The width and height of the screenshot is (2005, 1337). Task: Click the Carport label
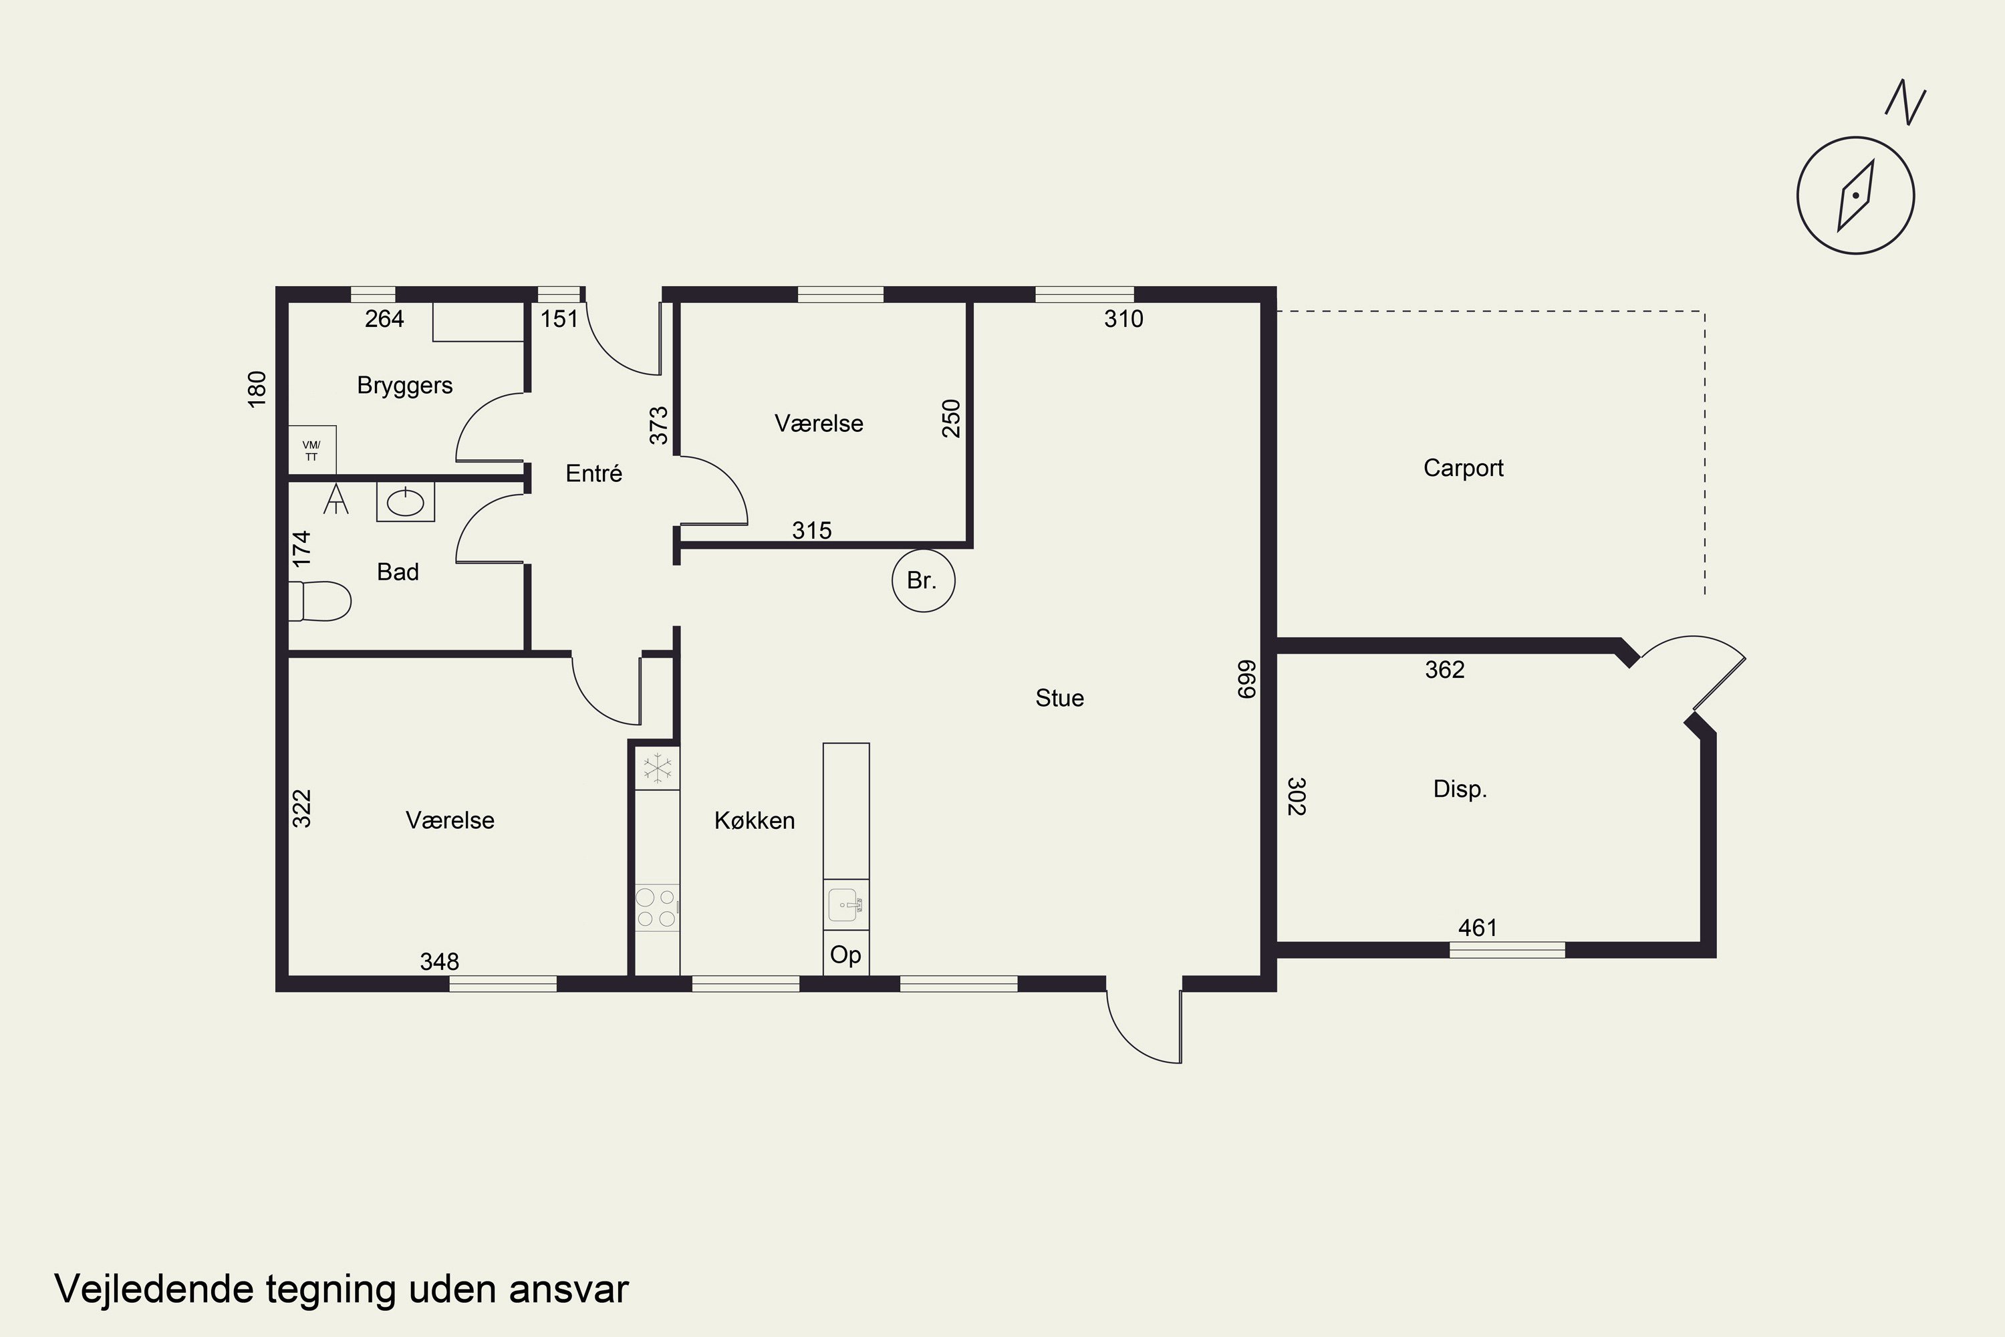coord(1463,468)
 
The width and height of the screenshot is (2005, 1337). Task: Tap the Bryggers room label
coord(405,386)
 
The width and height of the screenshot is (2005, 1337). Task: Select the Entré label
coord(594,473)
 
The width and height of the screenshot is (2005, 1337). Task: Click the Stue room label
coord(1059,699)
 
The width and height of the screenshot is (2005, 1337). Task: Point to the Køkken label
coord(755,820)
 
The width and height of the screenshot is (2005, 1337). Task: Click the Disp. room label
coord(1460,789)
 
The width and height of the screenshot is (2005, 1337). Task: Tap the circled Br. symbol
coord(923,581)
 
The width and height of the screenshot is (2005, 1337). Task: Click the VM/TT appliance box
coord(312,449)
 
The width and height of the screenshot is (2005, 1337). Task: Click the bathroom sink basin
coord(406,502)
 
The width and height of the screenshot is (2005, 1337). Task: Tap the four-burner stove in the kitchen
coord(657,907)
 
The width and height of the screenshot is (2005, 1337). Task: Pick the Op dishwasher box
coord(845,953)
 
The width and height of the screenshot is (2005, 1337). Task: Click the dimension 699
coord(1246,680)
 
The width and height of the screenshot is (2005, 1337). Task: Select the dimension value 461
coord(1477,928)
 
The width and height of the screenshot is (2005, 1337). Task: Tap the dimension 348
coord(440,962)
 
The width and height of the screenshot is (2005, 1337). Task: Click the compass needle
coord(1856,196)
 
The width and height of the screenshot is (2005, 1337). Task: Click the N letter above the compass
coord(1906,103)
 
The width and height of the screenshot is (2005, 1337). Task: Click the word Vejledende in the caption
coord(154,1290)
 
